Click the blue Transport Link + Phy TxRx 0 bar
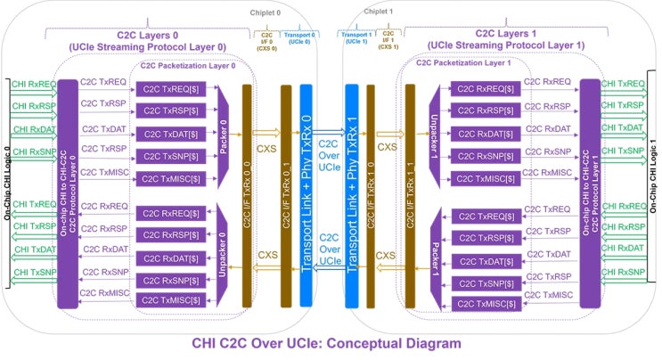coord(307,196)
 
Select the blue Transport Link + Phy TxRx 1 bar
coord(351,196)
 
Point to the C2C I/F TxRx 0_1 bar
coord(286,196)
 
